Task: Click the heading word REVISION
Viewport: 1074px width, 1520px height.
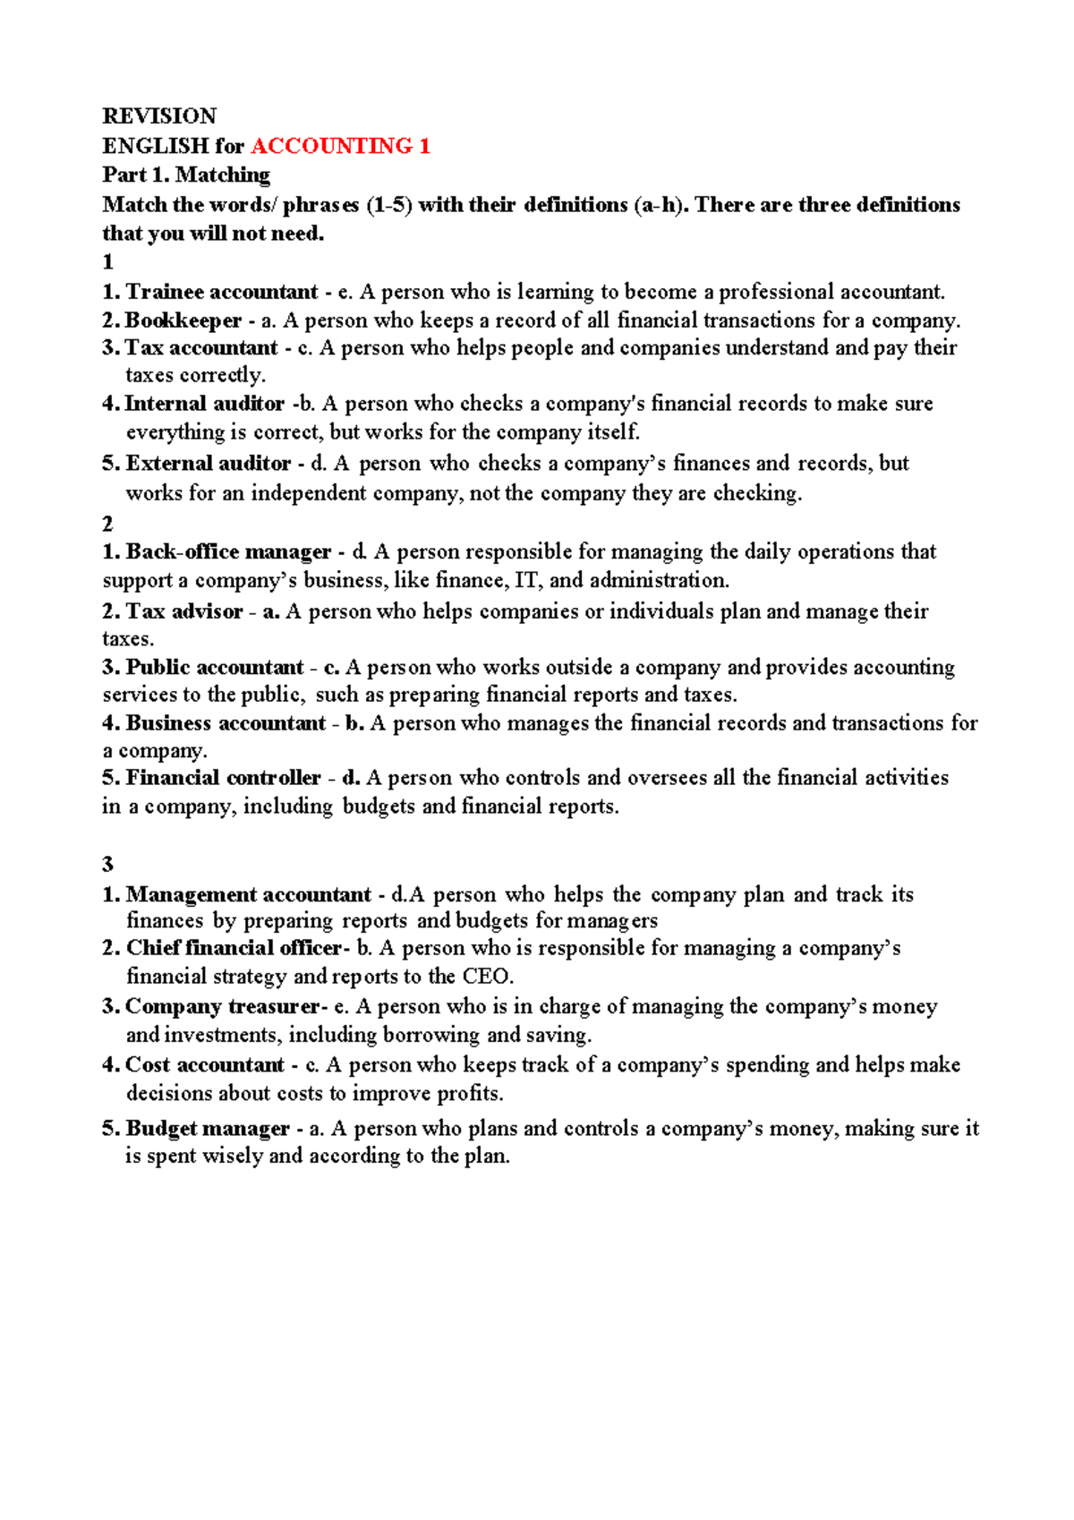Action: pyautogui.click(x=159, y=116)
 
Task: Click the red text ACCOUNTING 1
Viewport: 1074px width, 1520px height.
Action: pyautogui.click(x=340, y=146)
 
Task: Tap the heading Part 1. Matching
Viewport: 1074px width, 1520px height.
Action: pyautogui.click(x=186, y=175)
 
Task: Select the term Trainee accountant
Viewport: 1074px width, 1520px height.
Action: pyautogui.click(x=221, y=292)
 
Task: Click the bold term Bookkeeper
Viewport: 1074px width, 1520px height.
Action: pyautogui.click(x=183, y=320)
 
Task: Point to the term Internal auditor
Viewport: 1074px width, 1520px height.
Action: pyautogui.click(x=204, y=404)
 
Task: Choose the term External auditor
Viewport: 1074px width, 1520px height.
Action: pyautogui.click(x=208, y=464)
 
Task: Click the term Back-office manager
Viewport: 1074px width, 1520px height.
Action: pyautogui.click(x=228, y=551)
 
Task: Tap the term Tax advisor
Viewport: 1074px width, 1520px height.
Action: pyautogui.click(x=184, y=611)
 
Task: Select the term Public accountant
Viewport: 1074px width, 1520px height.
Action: pyautogui.click(x=214, y=668)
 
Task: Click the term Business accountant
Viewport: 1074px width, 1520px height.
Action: pyautogui.click(x=226, y=723)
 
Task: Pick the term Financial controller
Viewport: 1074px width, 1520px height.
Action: pyautogui.click(x=223, y=778)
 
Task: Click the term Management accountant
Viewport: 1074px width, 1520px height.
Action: pyautogui.click(x=248, y=895)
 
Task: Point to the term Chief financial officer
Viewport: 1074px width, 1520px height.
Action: pyautogui.click(x=234, y=948)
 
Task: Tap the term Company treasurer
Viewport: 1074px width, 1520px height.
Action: pyautogui.click(x=221, y=1007)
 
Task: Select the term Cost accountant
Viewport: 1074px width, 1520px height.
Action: pyautogui.click(x=205, y=1065)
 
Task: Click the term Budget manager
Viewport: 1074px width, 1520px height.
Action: pyautogui.click(x=208, y=1129)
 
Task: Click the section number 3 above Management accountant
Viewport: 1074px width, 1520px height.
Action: pyautogui.click(x=108, y=865)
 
